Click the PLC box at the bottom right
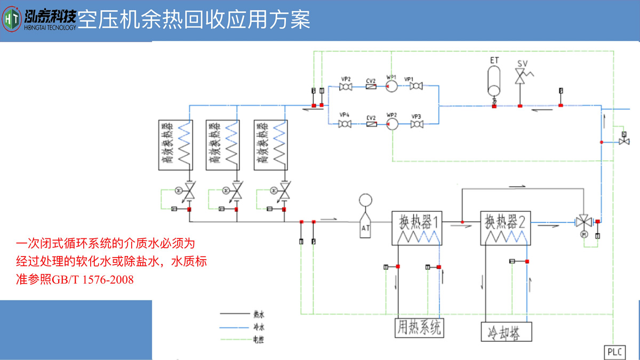point(614,352)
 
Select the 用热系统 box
point(419,327)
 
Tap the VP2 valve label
point(346,79)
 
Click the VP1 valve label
point(409,79)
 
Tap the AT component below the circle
point(366,227)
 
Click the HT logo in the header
point(11,20)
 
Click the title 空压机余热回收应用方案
point(194,20)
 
